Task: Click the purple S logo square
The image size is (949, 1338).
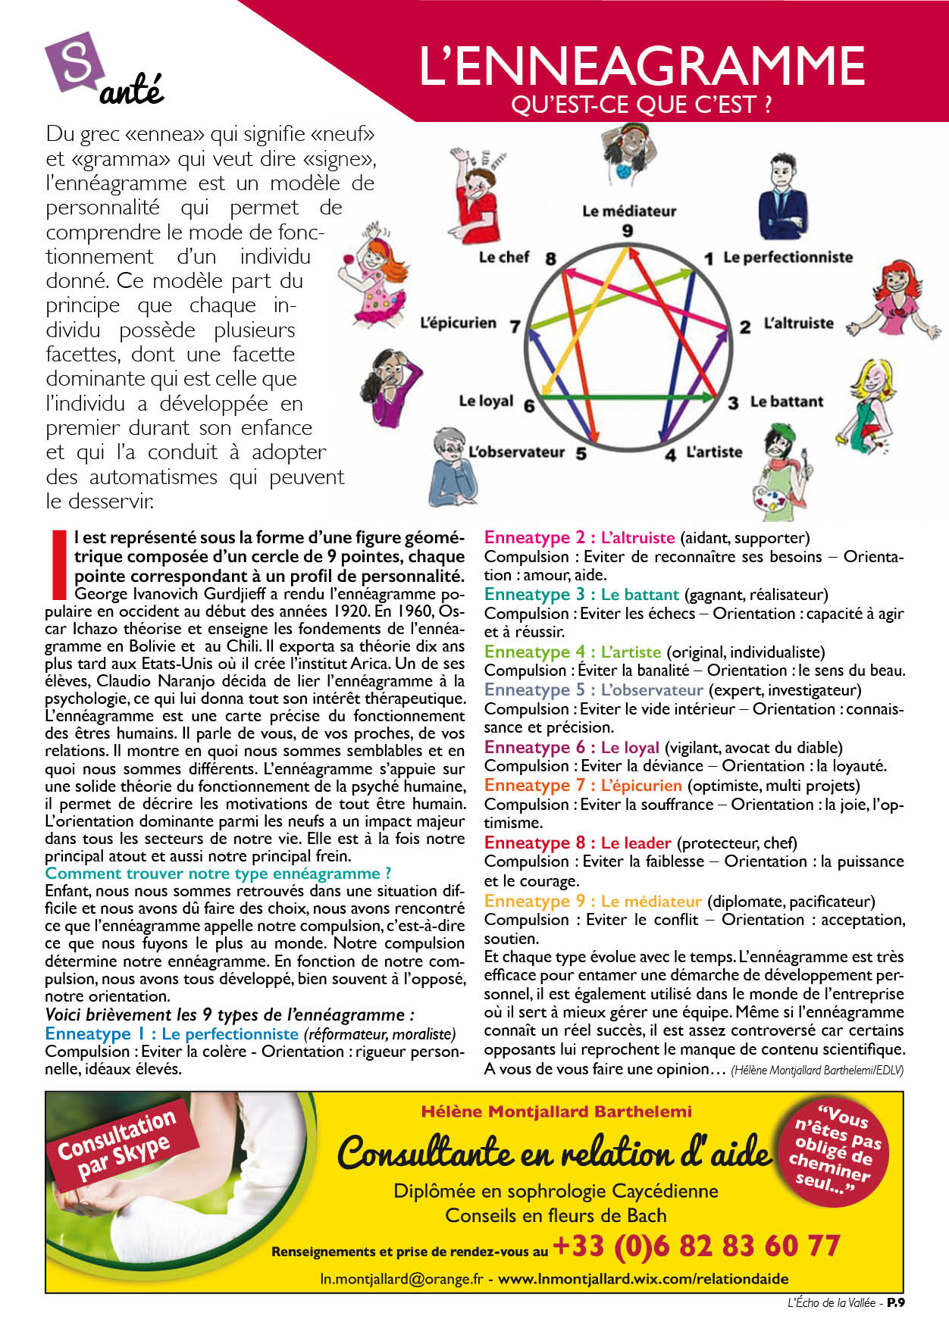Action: click(x=74, y=62)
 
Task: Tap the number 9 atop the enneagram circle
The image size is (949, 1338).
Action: click(x=628, y=230)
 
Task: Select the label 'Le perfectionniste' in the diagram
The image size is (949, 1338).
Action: click(x=788, y=258)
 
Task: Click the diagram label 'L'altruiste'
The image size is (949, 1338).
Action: click(x=798, y=324)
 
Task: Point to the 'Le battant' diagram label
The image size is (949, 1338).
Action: click(x=786, y=402)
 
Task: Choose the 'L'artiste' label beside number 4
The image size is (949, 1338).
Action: click(x=714, y=452)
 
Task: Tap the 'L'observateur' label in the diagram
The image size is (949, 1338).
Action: click(x=516, y=452)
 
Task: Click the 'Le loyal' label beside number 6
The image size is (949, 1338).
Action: click(x=486, y=401)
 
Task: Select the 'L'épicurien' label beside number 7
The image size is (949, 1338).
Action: click(x=458, y=324)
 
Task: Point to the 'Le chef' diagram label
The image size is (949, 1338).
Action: click(x=504, y=258)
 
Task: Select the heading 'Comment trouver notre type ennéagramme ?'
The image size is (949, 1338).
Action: click(x=218, y=874)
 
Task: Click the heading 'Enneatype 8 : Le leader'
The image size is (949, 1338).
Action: click(x=578, y=843)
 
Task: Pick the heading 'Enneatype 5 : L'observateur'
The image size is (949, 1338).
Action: click(x=594, y=690)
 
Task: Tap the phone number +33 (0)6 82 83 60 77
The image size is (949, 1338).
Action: click(x=696, y=1246)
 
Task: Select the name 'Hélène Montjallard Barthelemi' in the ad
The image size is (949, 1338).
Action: click(x=556, y=1111)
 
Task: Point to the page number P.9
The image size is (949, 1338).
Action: click(x=896, y=1303)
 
